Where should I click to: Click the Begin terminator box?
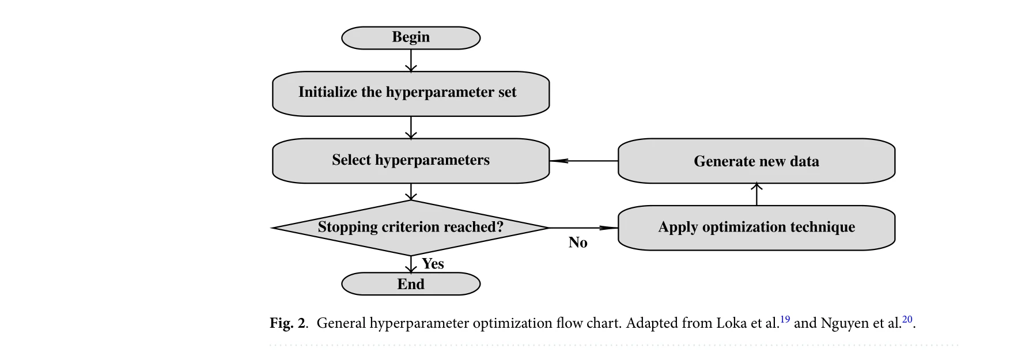411,37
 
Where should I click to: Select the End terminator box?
411,284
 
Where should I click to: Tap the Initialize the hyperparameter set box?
411,93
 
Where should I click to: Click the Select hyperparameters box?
411,160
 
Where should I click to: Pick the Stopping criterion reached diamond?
411,228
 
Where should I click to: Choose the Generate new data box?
756,161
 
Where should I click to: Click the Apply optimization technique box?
756,228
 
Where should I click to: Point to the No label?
578,242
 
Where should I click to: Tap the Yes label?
433,264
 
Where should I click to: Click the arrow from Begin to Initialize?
411,60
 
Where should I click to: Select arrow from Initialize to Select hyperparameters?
411,127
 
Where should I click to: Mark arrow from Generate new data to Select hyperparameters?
583,161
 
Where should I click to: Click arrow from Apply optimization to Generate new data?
756,195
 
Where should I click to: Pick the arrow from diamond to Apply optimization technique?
583,228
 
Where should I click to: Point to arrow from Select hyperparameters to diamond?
411,192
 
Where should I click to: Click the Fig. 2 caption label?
288,323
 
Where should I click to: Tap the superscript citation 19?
785,319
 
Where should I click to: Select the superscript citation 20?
907,319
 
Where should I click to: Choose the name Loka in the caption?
731,323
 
